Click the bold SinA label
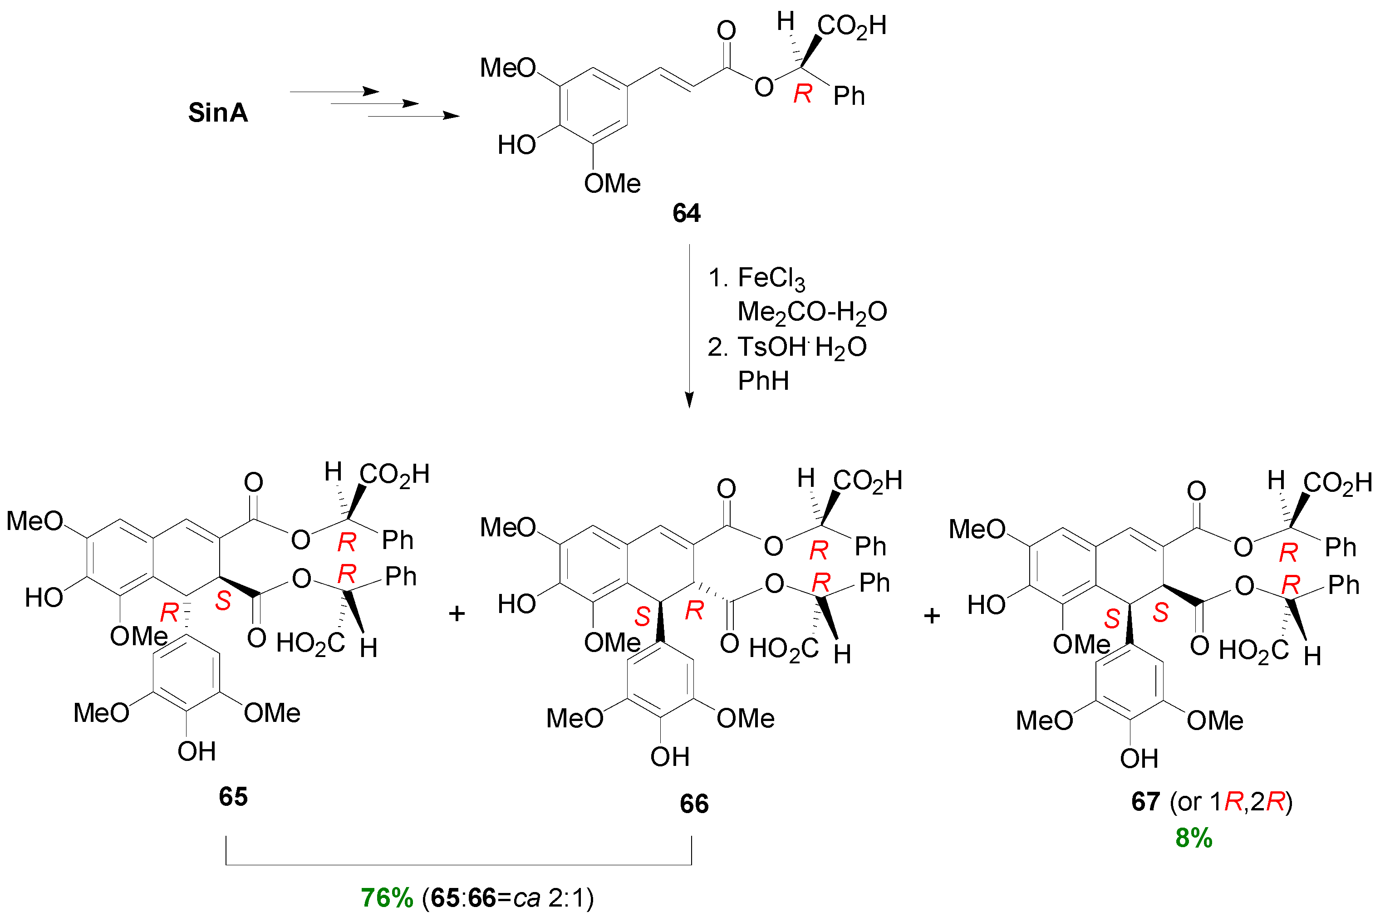[x=217, y=112]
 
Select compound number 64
[x=686, y=213]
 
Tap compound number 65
[x=233, y=796]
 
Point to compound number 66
[x=694, y=804]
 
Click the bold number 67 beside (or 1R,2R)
[x=1145, y=801]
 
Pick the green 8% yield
[x=1194, y=839]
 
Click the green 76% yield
[x=387, y=897]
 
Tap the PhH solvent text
[x=763, y=381]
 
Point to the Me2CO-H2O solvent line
[x=812, y=312]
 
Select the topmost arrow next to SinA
[x=334, y=92]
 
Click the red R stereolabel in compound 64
[x=802, y=93]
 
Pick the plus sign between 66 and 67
[x=932, y=616]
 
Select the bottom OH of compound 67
[x=1139, y=759]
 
